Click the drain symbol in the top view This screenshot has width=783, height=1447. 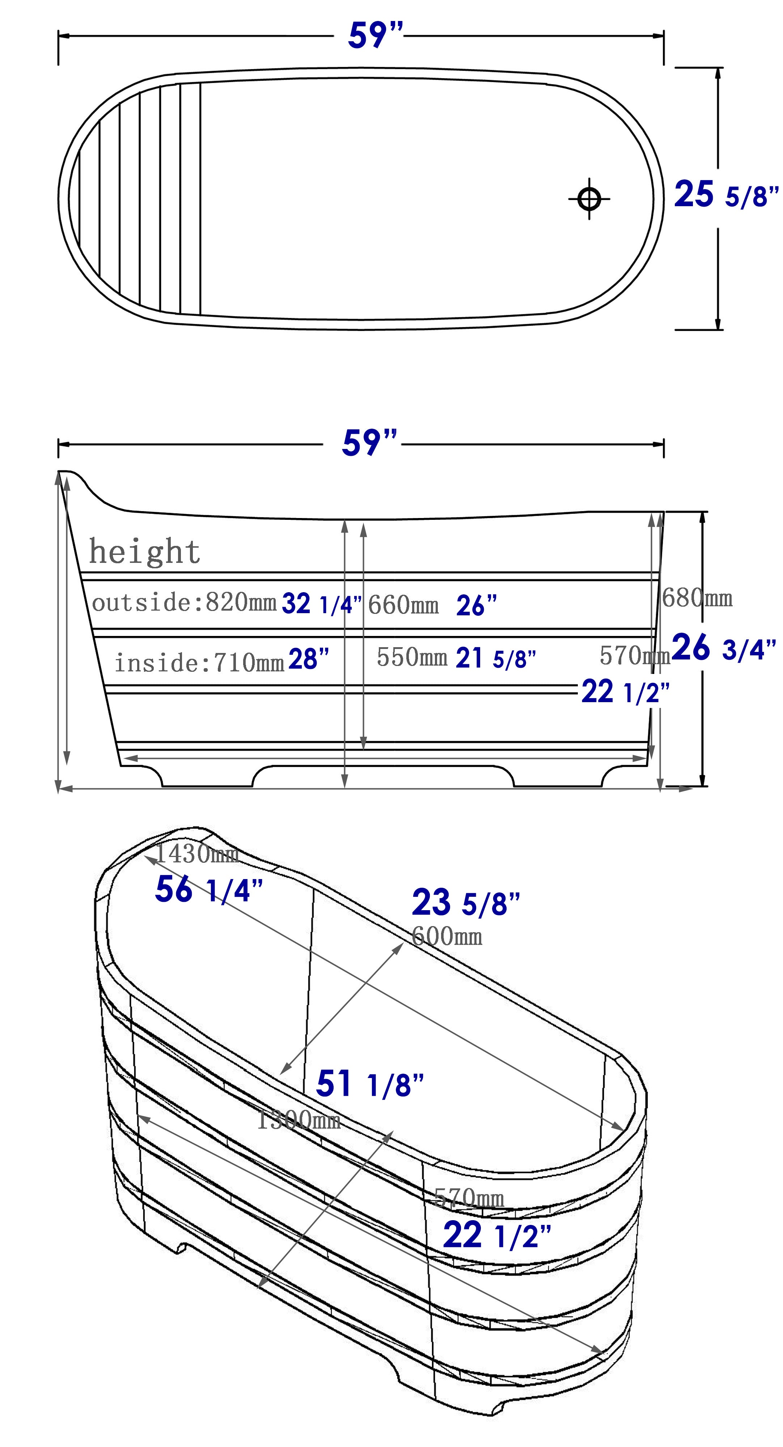(x=589, y=198)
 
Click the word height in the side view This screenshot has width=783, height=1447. (x=145, y=552)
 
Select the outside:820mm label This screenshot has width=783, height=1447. (x=184, y=603)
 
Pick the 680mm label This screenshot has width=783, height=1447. (x=697, y=598)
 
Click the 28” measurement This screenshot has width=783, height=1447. (x=308, y=659)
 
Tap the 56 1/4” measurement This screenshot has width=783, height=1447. (x=208, y=890)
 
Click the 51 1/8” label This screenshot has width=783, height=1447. (x=369, y=1083)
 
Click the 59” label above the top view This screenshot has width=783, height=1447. (x=375, y=36)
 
